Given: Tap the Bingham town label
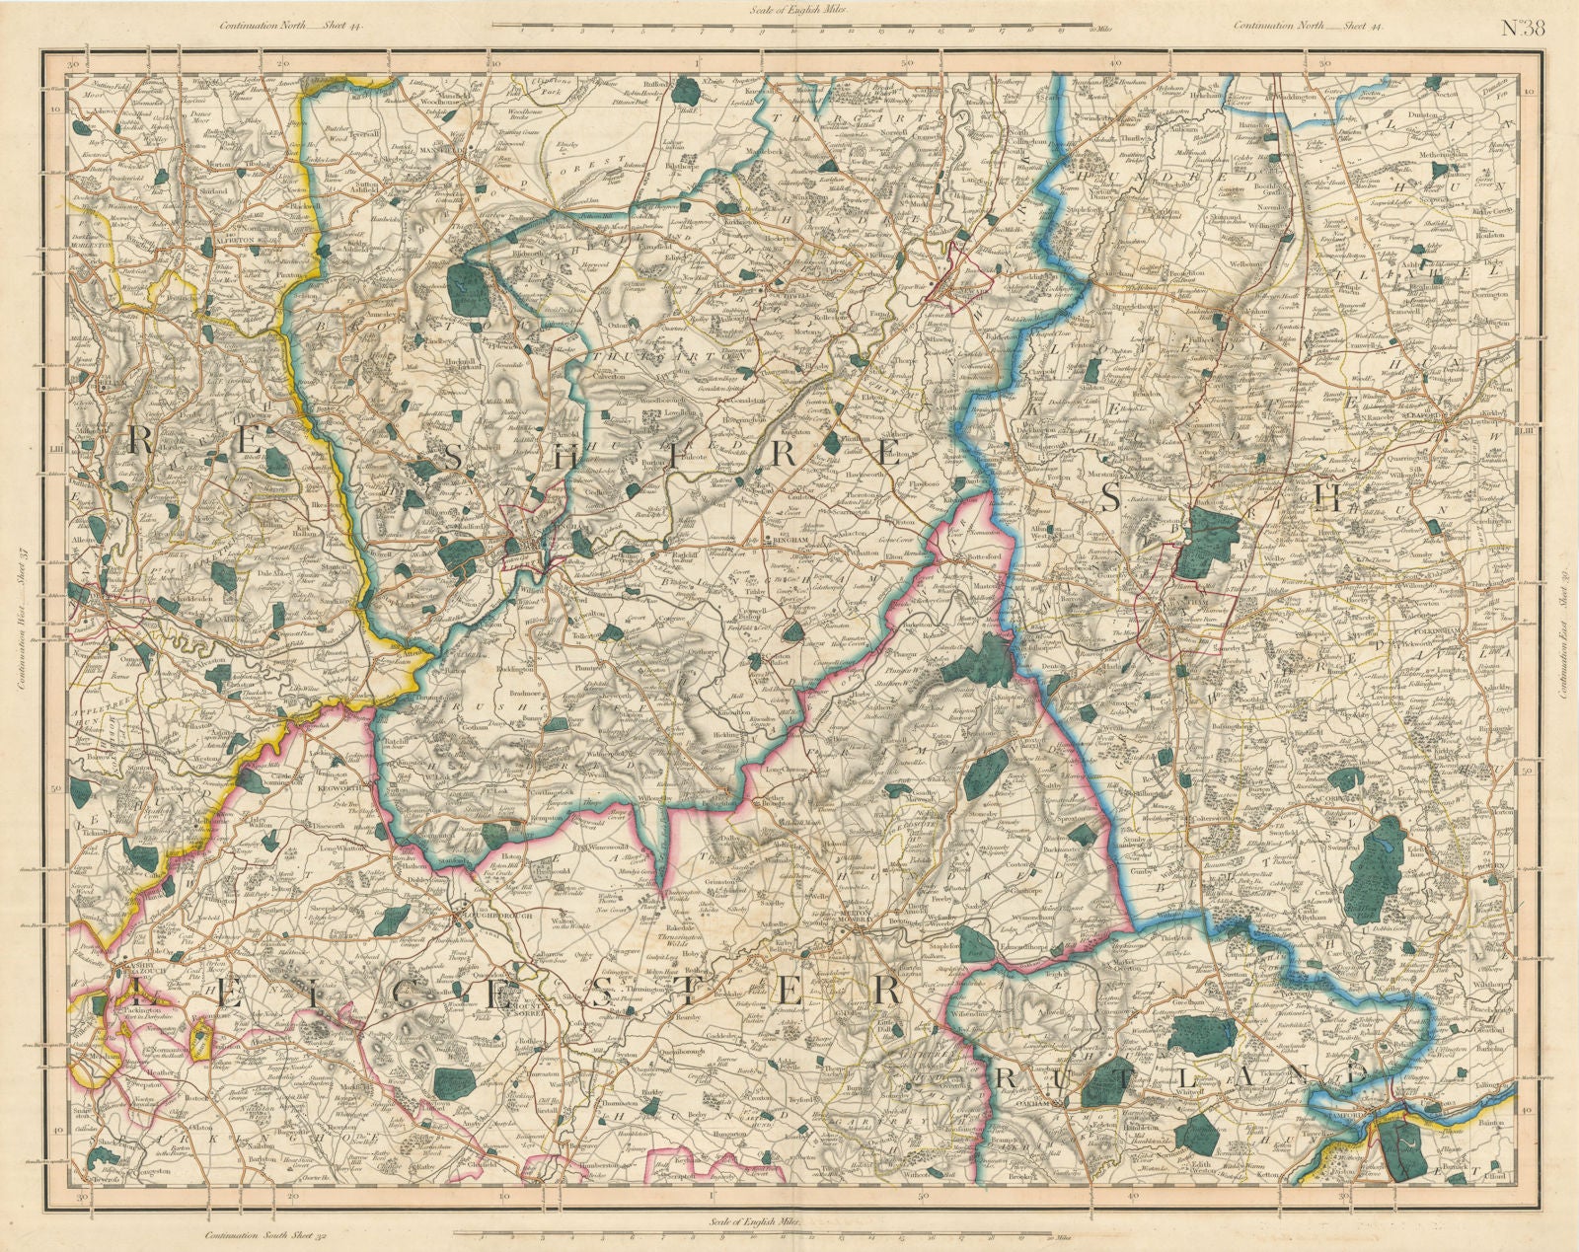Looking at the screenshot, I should pyautogui.click(x=786, y=540).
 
